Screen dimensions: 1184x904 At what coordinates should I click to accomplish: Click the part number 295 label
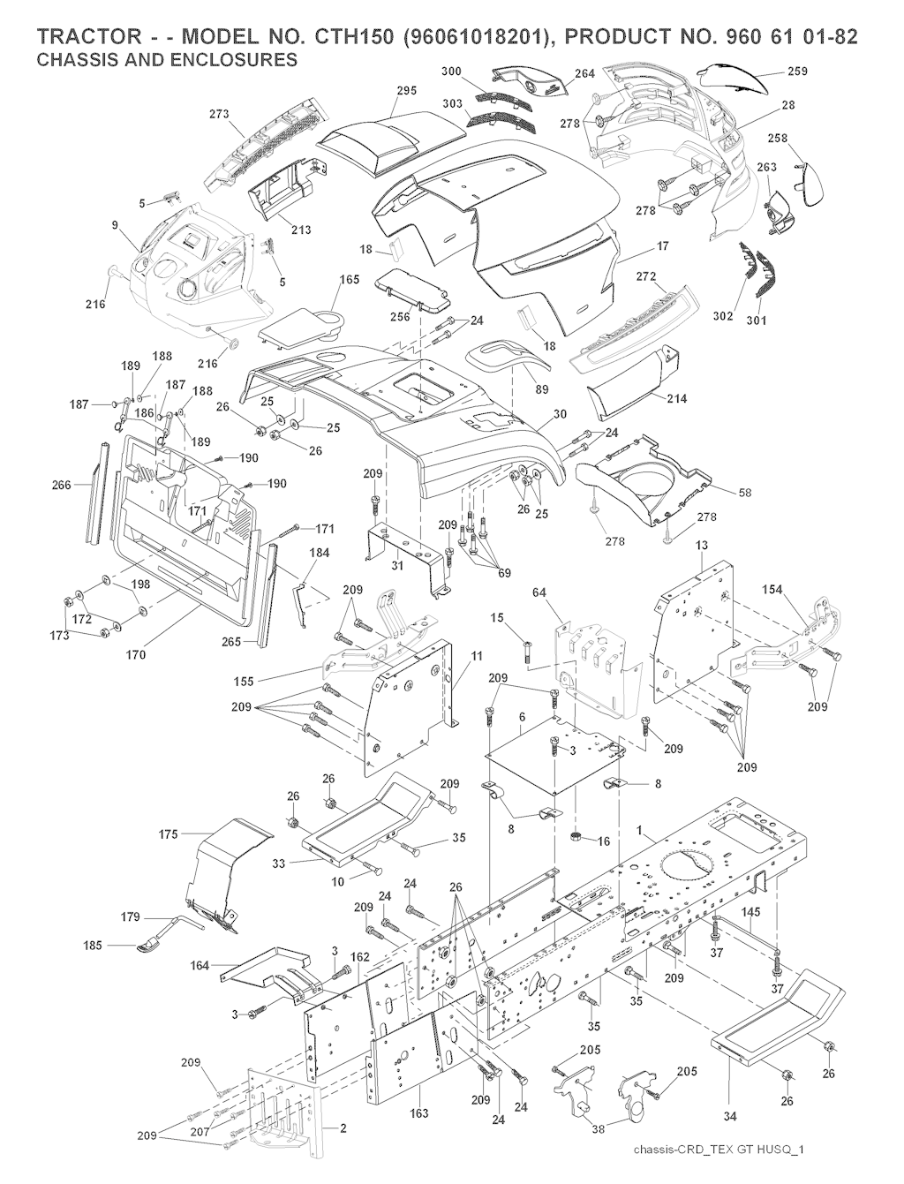pos(406,91)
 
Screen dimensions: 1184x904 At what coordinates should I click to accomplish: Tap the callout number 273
pos(219,114)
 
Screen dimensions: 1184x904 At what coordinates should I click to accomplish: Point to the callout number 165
pos(350,280)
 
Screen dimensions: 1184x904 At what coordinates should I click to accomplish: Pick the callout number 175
pos(169,833)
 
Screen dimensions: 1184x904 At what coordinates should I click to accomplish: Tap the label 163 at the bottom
pos(419,1113)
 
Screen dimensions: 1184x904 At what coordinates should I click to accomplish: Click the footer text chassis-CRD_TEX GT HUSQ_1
pos(721,1150)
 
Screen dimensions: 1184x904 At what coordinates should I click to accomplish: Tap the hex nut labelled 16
pos(575,835)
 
